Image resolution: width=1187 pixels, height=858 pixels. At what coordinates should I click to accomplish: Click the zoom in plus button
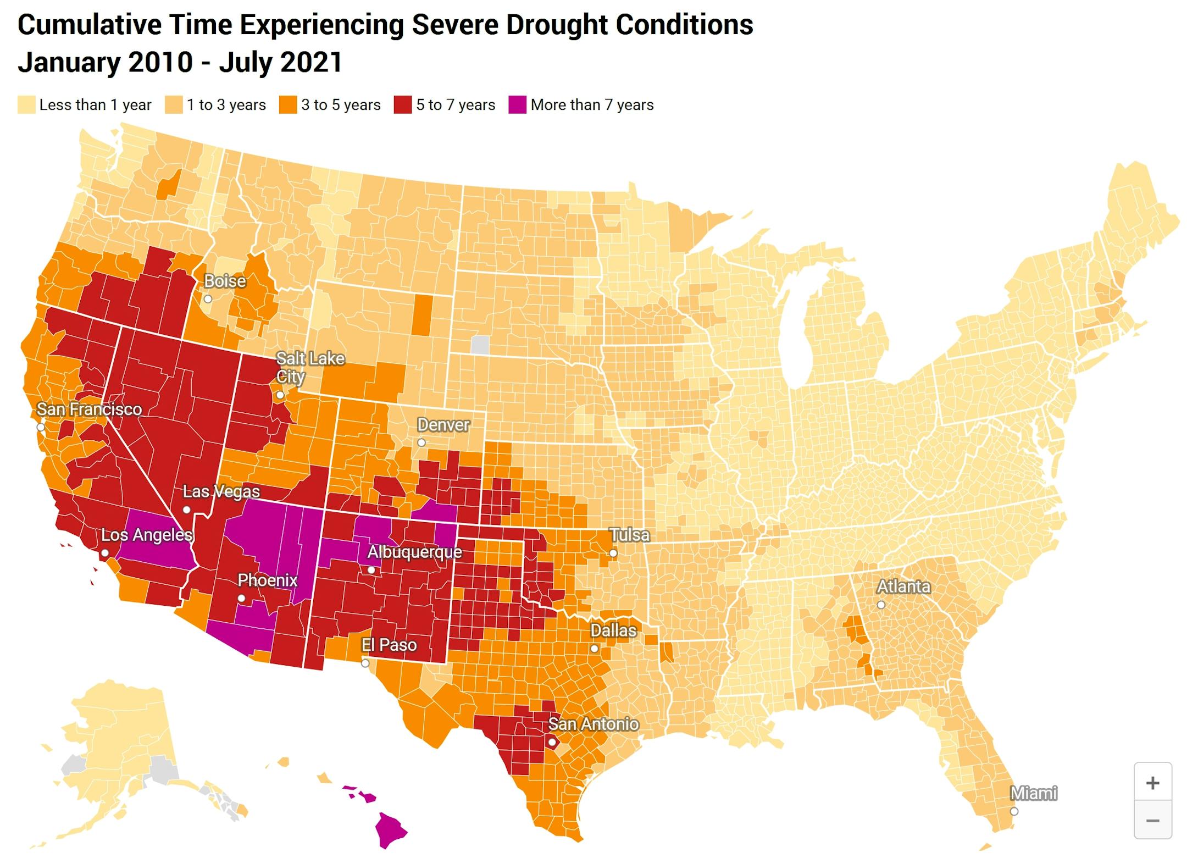[x=1152, y=783]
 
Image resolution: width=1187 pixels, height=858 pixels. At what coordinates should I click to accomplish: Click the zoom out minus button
[x=1152, y=821]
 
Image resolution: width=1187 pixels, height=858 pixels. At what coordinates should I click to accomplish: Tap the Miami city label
[x=1033, y=793]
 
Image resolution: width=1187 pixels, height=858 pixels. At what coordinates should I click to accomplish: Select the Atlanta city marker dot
[x=881, y=605]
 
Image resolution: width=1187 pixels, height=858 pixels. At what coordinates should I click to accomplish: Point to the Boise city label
[x=225, y=281]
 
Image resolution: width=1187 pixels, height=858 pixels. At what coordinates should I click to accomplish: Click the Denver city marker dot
[x=421, y=442]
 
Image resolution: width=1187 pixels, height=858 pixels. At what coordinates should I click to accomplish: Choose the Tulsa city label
[x=630, y=535]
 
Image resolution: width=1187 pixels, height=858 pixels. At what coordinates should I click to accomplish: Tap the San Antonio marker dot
[x=552, y=743]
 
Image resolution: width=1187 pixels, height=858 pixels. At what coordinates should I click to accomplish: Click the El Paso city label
[x=389, y=645]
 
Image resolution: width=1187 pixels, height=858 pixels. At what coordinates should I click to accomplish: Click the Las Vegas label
[x=221, y=491]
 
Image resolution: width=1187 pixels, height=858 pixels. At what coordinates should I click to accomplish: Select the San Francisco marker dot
[x=41, y=427]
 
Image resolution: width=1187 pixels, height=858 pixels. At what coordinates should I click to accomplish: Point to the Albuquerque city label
[x=414, y=552]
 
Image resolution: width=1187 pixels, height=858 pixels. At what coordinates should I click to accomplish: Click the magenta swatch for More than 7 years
[x=517, y=105]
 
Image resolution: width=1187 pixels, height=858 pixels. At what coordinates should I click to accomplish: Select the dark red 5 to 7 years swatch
[x=403, y=105]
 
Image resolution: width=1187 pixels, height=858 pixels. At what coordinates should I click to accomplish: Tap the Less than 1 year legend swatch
[x=26, y=105]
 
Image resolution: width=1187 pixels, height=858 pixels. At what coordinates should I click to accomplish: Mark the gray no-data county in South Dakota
[x=480, y=345]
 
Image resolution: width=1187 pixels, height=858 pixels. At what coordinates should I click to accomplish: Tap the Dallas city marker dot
[x=594, y=649]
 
